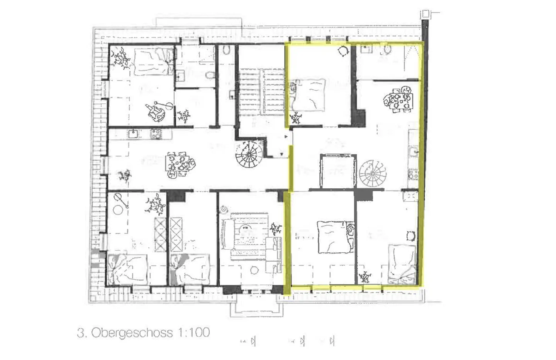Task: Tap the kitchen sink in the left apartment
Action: pyautogui.click(x=134, y=134)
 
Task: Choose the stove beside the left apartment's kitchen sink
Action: pyautogui.click(x=156, y=134)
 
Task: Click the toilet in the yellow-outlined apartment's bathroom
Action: pyautogui.click(x=387, y=49)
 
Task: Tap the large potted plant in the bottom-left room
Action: pyautogui.click(x=156, y=205)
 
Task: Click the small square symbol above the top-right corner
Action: pyautogui.click(x=425, y=14)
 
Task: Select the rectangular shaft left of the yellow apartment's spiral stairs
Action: pyautogui.click(x=337, y=170)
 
